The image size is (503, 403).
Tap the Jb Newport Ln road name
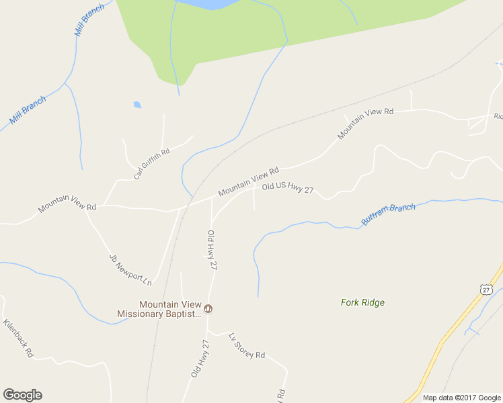tap(130, 269)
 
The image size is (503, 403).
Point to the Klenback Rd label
tap(17, 337)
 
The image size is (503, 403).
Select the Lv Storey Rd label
tap(247, 346)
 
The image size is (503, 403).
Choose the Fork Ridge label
tap(362, 302)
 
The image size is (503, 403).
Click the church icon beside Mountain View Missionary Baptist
tap(208, 309)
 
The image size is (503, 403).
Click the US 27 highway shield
tap(486, 288)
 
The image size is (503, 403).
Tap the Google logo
tap(22, 395)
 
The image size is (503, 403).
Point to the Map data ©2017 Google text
tap(462, 398)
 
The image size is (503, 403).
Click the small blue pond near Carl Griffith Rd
tap(137, 105)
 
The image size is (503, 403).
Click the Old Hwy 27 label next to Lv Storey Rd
tap(200, 358)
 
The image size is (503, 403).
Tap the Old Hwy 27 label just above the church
tap(212, 250)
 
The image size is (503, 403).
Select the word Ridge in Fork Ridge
tap(373, 302)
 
